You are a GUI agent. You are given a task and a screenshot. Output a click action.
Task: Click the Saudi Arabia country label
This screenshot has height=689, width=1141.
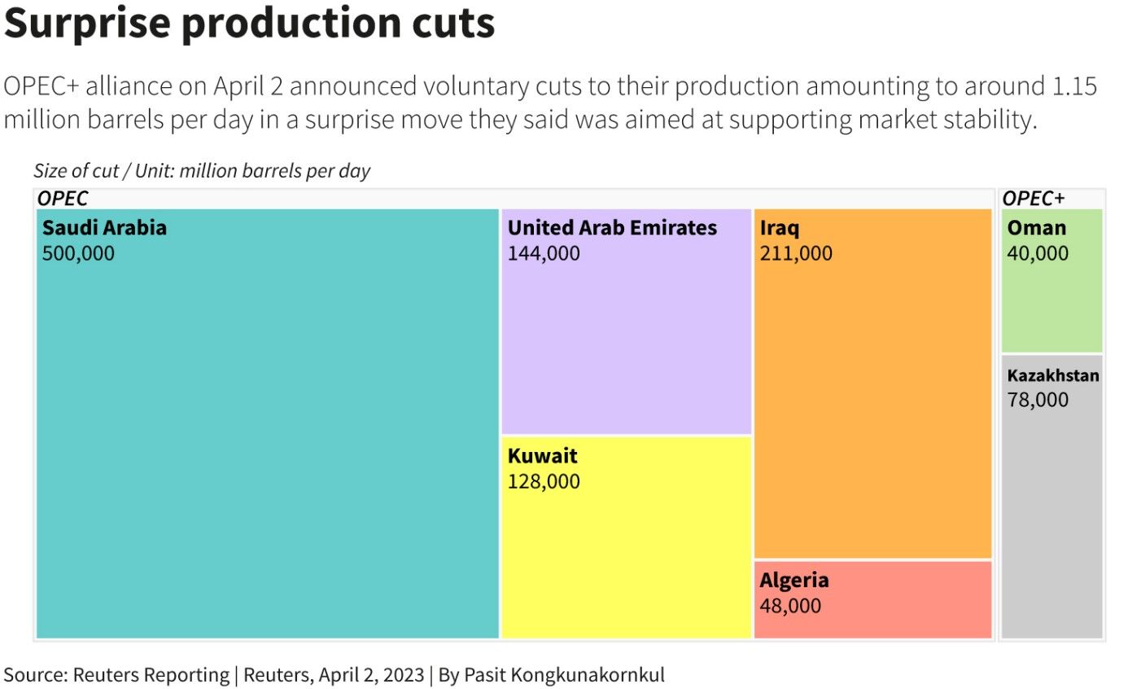tap(104, 228)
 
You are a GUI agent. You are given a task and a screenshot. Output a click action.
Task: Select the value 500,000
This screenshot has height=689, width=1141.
tap(78, 253)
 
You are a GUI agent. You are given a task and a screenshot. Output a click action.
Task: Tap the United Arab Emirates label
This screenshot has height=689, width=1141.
tap(612, 228)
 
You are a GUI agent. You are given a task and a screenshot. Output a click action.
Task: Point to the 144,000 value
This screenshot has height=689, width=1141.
tap(544, 253)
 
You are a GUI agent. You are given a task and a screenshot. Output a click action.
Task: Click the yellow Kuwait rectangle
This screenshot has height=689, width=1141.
tap(626, 554)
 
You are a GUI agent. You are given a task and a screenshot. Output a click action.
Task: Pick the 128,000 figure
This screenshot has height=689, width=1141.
tap(544, 481)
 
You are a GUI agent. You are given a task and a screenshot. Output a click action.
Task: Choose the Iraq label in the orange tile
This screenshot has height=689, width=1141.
tap(780, 228)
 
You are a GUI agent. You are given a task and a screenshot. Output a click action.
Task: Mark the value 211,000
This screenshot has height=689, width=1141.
tap(796, 253)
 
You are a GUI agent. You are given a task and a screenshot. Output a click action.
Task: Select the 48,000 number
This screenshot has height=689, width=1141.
tap(790, 606)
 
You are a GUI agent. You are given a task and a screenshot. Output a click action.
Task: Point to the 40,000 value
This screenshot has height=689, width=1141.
tap(1038, 253)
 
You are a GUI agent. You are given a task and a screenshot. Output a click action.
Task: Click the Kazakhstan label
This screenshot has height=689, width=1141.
tap(1053, 375)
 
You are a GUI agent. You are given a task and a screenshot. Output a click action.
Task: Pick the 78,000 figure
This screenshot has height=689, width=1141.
tap(1038, 400)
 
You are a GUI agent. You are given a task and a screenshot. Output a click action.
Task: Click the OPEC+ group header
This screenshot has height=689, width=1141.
tap(1033, 198)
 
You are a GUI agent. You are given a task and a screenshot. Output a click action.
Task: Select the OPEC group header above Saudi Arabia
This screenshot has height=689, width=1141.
tap(63, 198)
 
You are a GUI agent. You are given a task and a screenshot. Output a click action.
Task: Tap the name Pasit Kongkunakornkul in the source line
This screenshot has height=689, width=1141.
tap(564, 675)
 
